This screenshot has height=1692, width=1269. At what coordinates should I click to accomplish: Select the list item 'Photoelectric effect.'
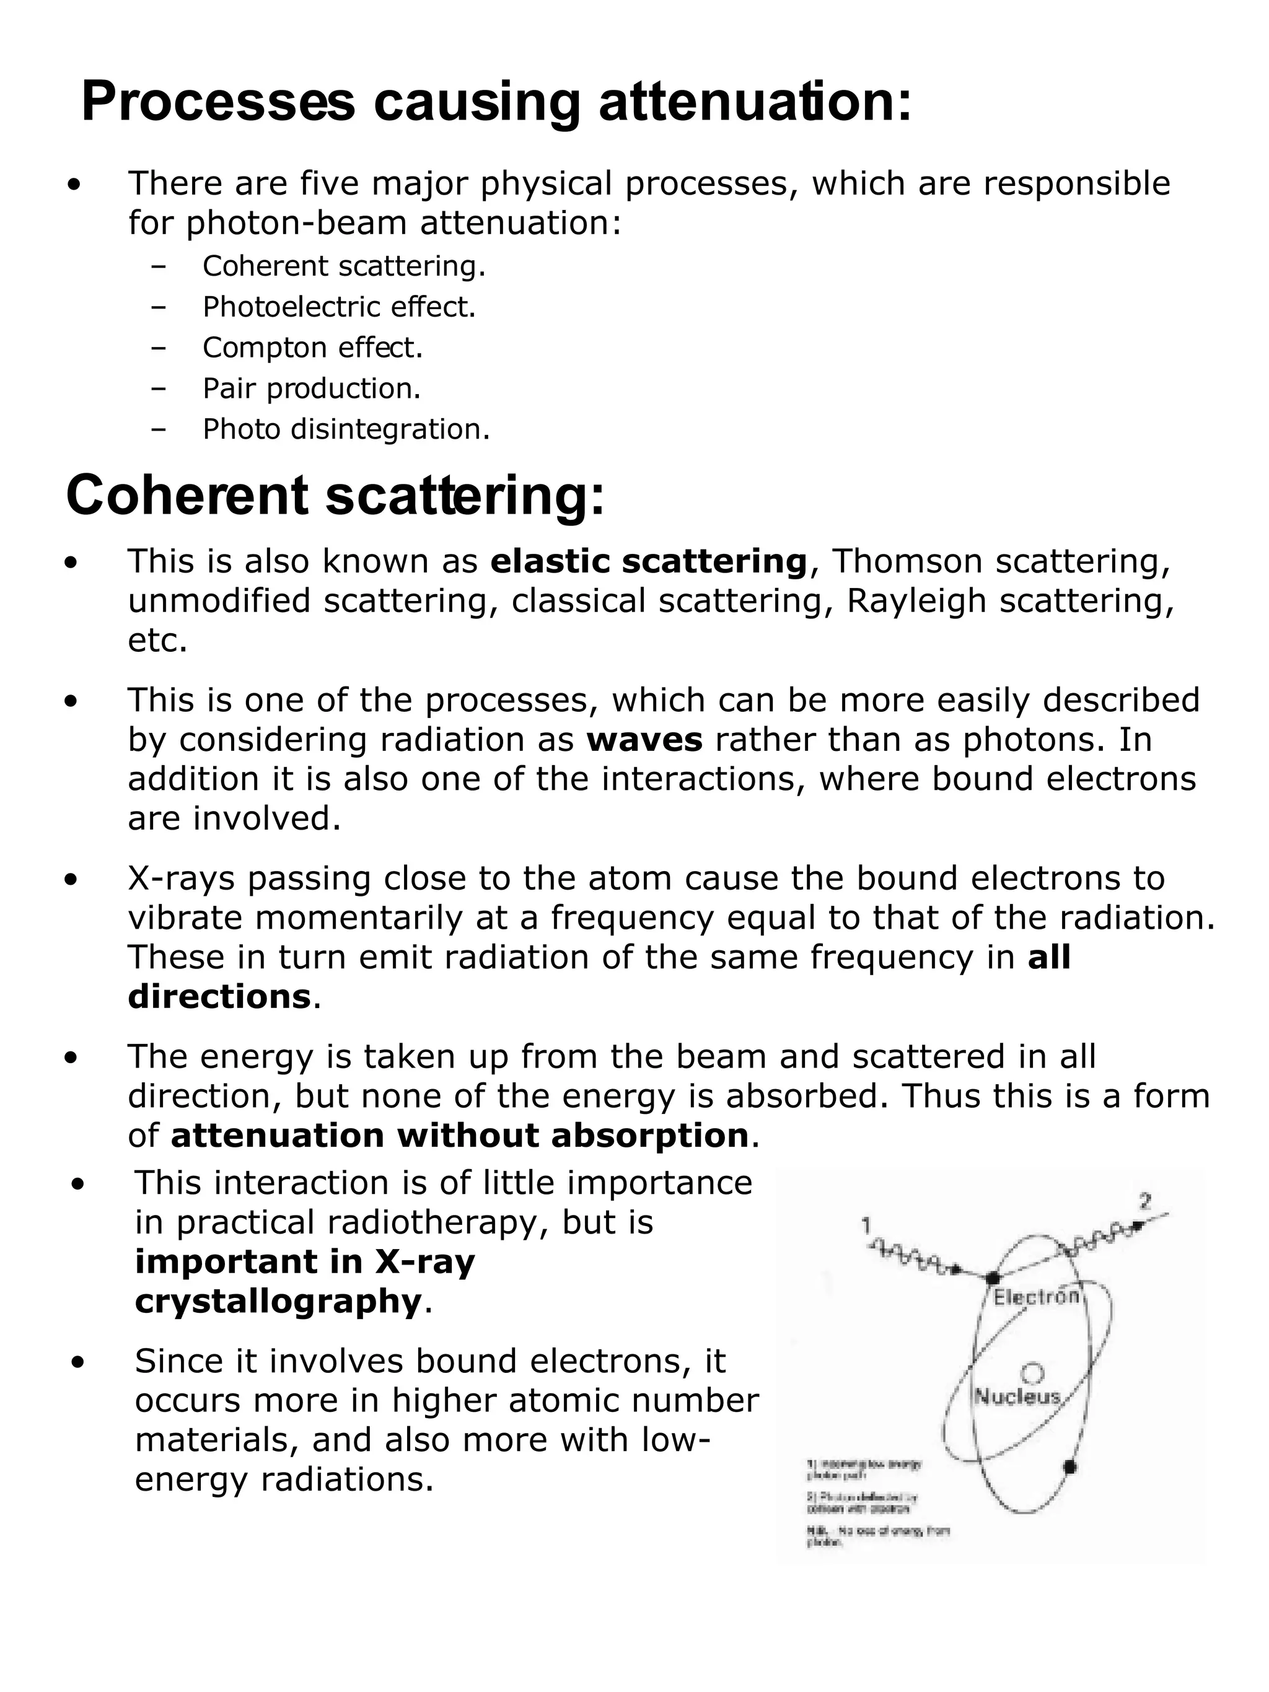click(x=339, y=307)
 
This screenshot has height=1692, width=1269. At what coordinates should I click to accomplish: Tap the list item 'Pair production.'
click(x=311, y=388)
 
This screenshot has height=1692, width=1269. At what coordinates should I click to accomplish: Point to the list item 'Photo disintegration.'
click(x=346, y=430)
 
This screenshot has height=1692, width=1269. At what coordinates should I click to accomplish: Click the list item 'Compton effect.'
click(x=312, y=348)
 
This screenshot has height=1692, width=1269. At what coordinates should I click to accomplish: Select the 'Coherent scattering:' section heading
click(x=335, y=496)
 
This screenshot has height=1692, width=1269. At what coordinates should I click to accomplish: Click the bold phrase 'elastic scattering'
click(x=649, y=561)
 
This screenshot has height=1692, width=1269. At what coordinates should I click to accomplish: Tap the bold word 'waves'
click(x=644, y=740)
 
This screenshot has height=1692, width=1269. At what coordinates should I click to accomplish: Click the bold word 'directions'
click(x=219, y=997)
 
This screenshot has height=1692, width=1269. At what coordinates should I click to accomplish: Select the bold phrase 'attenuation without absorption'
click(x=459, y=1136)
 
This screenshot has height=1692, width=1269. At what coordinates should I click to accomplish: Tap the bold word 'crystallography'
click(x=278, y=1301)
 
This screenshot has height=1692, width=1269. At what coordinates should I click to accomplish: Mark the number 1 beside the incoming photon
click(x=866, y=1225)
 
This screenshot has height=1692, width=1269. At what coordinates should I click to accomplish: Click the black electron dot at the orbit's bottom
click(x=1070, y=1466)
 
